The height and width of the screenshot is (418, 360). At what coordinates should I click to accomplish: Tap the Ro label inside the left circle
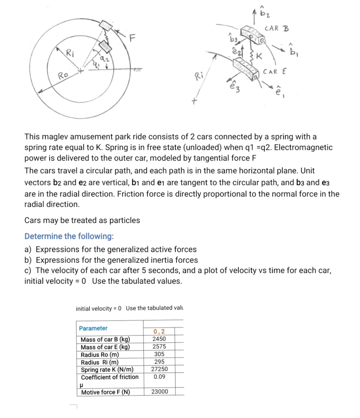tap(63, 75)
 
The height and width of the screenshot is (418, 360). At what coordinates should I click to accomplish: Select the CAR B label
tap(277, 29)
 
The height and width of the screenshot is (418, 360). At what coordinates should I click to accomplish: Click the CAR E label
tap(275, 72)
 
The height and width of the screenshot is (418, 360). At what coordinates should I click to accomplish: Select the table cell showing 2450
tap(159, 339)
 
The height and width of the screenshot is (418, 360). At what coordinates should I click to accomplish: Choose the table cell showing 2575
tap(159, 347)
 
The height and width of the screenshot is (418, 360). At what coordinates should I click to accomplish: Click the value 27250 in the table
tap(159, 369)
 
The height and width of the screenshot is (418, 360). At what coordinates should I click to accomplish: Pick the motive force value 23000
tap(160, 392)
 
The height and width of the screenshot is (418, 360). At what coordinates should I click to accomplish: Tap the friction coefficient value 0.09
tap(159, 377)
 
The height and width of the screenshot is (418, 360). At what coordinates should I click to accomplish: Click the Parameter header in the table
tap(93, 328)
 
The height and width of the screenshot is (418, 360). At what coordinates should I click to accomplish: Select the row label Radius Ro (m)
tap(100, 355)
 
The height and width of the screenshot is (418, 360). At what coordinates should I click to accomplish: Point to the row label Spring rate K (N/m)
tap(107, 370)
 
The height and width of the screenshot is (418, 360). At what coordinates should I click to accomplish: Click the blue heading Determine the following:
tap(69, 236)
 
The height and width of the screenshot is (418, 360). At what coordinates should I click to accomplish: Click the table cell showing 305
tap(159, 354)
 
